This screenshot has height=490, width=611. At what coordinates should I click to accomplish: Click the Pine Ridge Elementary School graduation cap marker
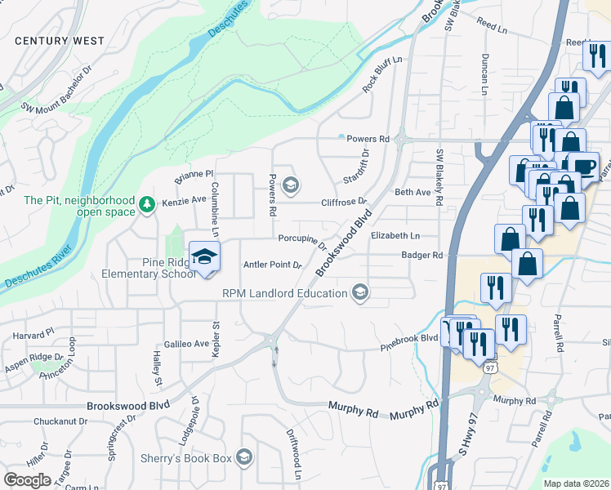204,257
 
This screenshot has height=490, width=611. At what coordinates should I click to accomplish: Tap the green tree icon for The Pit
147,203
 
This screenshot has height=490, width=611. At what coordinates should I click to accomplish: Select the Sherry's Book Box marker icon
243,457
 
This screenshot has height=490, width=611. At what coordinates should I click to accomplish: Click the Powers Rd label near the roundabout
365,139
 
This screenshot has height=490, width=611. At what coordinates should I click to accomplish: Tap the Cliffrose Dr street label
343,201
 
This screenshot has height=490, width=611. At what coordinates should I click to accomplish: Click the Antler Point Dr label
273,265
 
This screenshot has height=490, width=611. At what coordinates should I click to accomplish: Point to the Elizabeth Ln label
395,235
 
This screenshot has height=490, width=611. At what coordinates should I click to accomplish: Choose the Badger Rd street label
421,255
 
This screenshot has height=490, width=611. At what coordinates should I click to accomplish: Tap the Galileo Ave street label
187,344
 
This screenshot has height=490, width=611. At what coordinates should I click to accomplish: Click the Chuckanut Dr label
60,422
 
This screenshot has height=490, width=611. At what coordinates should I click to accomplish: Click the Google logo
27,480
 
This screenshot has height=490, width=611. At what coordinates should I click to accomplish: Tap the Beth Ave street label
413,192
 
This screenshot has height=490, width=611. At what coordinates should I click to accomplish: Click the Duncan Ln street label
484,74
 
